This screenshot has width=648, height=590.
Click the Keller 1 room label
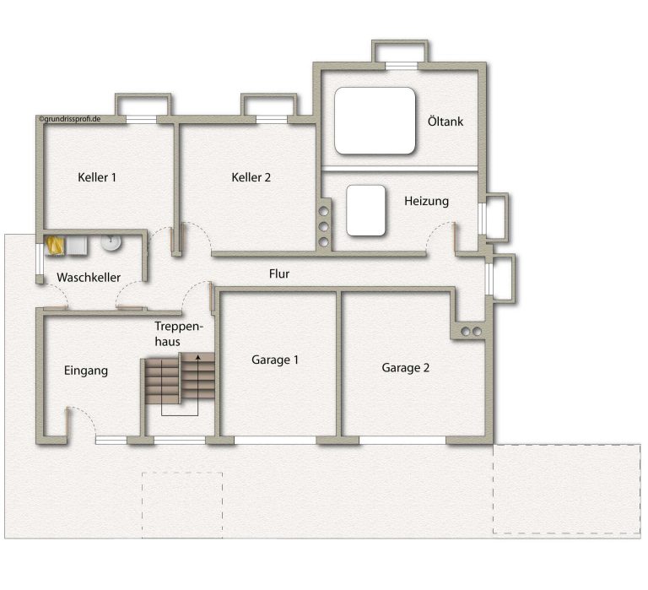click(x=97, y=177)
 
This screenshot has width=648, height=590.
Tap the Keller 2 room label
click(x=251, y=177)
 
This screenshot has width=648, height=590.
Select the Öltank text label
click(x=445, y=122)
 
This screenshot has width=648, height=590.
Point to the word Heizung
click(x=426, y=202)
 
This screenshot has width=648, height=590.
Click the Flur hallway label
click(x=279, y=273)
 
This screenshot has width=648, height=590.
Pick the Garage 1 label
click(x=275, y=360)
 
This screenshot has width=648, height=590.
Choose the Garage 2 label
click(x=405, y=368)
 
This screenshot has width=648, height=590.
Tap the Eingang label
click(x=86, y=371)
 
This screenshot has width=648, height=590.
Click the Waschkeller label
click(x=89, y=277)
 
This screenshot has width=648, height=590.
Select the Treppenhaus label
click(x=179, y=333)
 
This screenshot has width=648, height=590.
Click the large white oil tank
click(x=375, y=121)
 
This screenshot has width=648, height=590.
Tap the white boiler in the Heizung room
click(x=365, y=210)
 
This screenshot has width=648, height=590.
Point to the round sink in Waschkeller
click(x=111, y=243)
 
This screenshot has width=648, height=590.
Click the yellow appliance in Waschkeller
click(x=55, y=245)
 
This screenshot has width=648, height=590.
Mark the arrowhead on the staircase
click(x=198, y=357)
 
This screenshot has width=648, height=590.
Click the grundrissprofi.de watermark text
click(x=70, y=119)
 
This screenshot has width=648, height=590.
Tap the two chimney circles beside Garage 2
click(x=471, y=332)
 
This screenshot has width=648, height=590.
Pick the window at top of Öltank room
click(x=402, y=66)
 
